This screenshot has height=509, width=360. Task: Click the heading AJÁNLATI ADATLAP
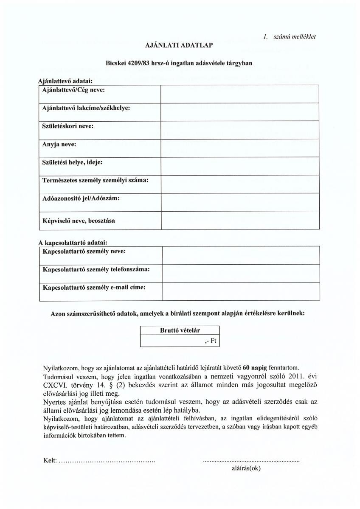[x=180, y=44]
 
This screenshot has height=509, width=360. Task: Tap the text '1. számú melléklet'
[x=290, y=36]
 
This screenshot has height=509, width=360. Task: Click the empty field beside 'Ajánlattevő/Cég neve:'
[x=239, y=94]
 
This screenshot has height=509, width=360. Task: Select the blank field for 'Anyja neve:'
[x=239, y=148]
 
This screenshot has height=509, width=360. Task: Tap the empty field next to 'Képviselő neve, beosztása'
[x=239, y=220]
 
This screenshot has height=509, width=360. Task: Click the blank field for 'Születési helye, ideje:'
[x=239, y=166]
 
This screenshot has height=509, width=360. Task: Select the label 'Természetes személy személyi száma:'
[x=95, y=180]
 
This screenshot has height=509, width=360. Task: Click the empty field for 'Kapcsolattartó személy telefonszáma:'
[x=241, y=273]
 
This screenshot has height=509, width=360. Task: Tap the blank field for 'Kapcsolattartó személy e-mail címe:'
[x=241, y=292]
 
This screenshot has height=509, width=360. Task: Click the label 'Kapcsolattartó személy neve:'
[x=84, y=251]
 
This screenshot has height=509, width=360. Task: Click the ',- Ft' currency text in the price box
[x=211, y=341]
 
